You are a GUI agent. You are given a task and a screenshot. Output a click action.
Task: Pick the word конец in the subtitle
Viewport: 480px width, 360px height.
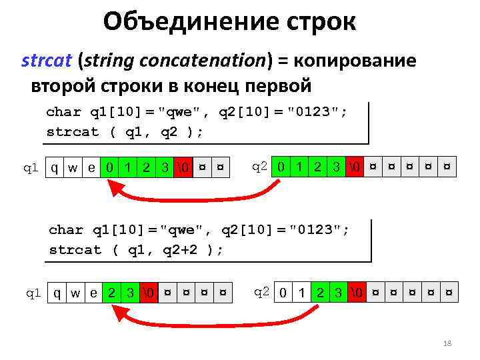(x=219, y=87)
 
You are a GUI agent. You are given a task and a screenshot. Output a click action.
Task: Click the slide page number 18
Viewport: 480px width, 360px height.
(x=447, y=343)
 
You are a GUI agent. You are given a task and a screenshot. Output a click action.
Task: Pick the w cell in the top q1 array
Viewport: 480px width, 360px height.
(x=73, y=167)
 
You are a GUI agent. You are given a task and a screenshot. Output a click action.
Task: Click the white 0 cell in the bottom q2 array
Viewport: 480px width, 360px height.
(x=284, y=292)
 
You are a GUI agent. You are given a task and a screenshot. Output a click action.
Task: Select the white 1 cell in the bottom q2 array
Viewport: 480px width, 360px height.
(x=302, y=292)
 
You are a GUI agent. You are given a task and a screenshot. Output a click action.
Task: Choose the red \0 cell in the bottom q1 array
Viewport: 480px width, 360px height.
(x=148, y=292)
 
